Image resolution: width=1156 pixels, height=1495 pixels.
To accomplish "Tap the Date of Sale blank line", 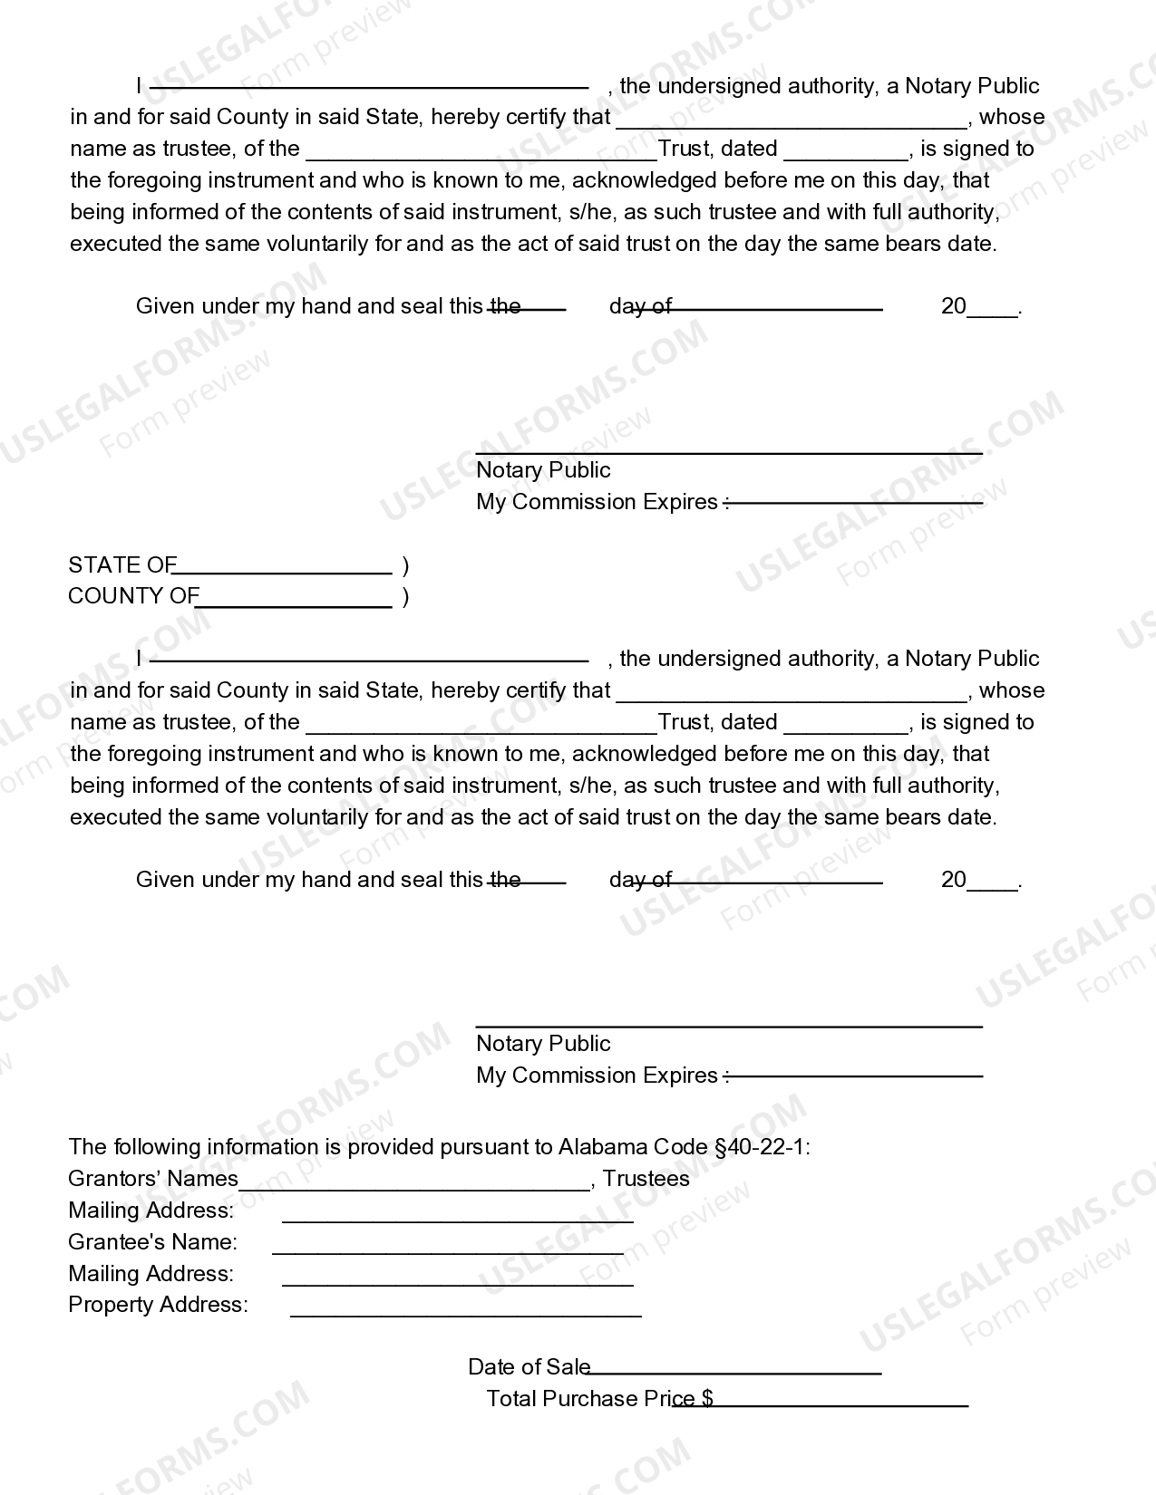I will click(734, 1372).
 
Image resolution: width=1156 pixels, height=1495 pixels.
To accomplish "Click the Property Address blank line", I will click(465, 1312).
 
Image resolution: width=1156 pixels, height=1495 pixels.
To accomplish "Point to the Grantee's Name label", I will click(152, 1242).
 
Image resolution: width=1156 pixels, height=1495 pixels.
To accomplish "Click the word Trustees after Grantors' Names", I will click(646, 1179).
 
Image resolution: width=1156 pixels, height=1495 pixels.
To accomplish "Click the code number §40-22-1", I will click(760, 1147).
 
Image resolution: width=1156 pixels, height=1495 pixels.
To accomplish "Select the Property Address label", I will click(158, 1305).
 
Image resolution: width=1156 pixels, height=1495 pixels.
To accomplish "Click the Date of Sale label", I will click(529, 1367).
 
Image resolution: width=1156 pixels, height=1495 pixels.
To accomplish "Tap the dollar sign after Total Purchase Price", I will click(707, 1399).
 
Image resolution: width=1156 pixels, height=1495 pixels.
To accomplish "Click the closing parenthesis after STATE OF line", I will click(405, 566).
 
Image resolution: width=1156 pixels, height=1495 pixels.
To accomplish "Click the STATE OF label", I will click(121, 565).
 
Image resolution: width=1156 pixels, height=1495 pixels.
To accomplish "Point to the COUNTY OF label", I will click(132, 596).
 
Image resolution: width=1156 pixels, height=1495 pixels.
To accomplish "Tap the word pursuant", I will click(476, 1147).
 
